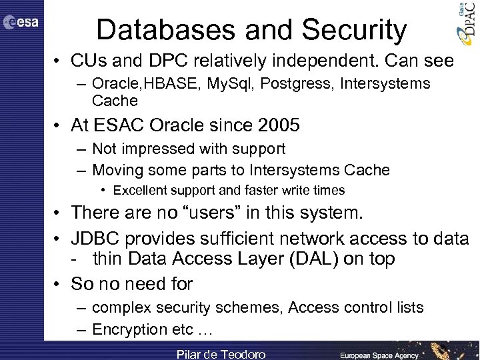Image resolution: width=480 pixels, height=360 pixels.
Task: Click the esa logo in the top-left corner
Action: (21, 23)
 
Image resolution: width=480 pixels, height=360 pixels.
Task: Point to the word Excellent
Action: (139, 191)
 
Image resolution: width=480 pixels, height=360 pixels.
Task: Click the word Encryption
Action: (133, 329)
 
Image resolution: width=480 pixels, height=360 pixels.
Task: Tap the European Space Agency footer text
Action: (380, 355)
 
